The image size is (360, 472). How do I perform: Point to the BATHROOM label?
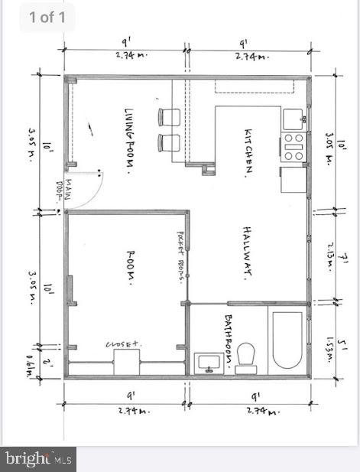(x=229, y=338)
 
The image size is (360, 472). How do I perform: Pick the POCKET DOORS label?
(x=181, y=256)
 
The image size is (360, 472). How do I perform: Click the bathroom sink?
(x=207, y=362)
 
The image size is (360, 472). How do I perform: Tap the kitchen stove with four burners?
(x=294, y=147)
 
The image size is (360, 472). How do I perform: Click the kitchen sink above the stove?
(x=294, y=119)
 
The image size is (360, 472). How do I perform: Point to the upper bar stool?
(x=169, y=117)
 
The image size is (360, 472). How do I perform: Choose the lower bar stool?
(x=169, y=142)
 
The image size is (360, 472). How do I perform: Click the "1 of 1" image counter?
(x=47, y=17)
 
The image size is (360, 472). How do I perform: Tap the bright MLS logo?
(x=38, y=459)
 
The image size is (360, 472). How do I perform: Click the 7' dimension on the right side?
(x=345, y=260)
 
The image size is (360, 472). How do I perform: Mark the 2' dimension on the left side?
(x=47, y=362)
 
